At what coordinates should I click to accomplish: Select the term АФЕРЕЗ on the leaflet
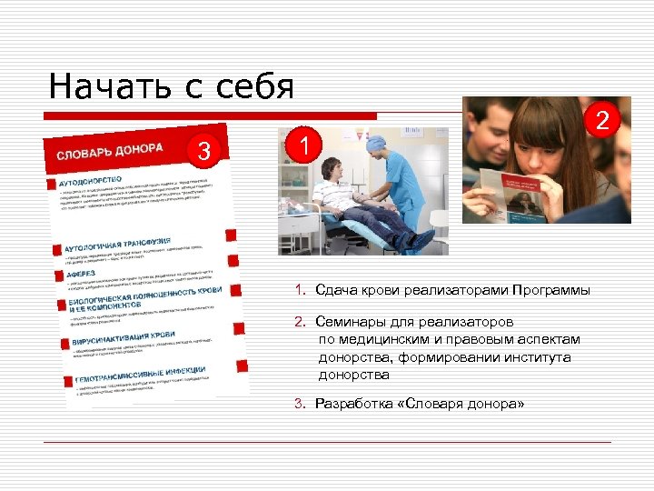point(83,271)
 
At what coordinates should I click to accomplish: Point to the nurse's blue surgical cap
point(375,145)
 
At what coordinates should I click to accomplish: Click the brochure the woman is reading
point(513,193)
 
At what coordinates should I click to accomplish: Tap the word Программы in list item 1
point(550,290)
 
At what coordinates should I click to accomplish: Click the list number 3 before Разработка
point(297,404)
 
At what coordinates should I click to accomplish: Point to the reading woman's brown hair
point(545,127)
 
